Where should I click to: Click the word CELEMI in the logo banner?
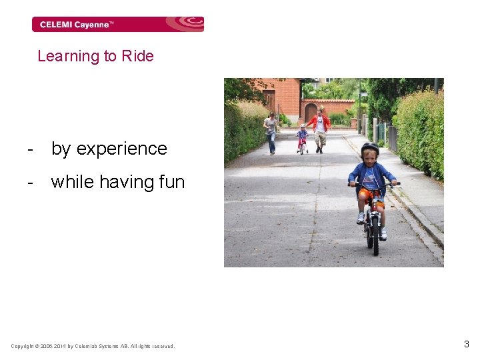(x=55, y=25)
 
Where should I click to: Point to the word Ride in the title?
(x=137, y=56)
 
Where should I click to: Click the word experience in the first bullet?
(x=121, y=149)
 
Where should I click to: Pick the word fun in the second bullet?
(x=170, y=181)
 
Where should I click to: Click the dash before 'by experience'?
(x=30, y=149)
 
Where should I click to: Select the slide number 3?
(x=467, y=345)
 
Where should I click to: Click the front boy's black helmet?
(x=369, y=149)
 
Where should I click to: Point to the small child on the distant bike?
(x=303, y=137)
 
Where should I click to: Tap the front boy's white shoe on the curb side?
(x=383, y=233)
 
